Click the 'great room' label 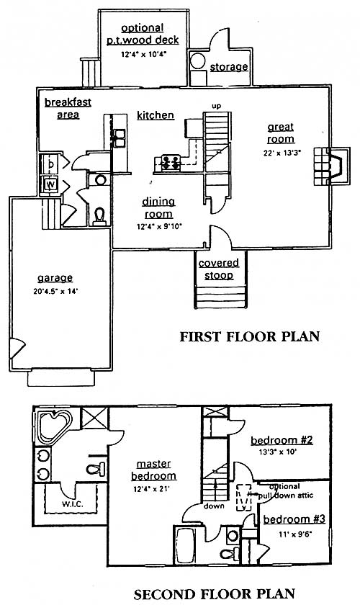click(281, 133)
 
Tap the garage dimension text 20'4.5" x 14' click(56, 292)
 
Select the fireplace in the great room click(331, 166)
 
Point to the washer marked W click(50, 185)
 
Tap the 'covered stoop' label click(219, 269)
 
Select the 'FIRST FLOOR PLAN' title click(250, 336)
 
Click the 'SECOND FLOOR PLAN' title click(215, 594)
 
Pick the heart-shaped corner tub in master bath click(55, 426)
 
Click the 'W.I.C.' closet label click(72, 504)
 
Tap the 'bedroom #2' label click(282, 440)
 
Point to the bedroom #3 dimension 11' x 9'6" click(295, 534)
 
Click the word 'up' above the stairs click(217, 106)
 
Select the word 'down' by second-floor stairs click(214, 506)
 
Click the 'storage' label click(229, 67)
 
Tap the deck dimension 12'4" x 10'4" click(143, 55)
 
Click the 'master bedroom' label click(153, 470)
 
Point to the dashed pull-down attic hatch click(244, 498)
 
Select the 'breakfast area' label click(68, 109)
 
